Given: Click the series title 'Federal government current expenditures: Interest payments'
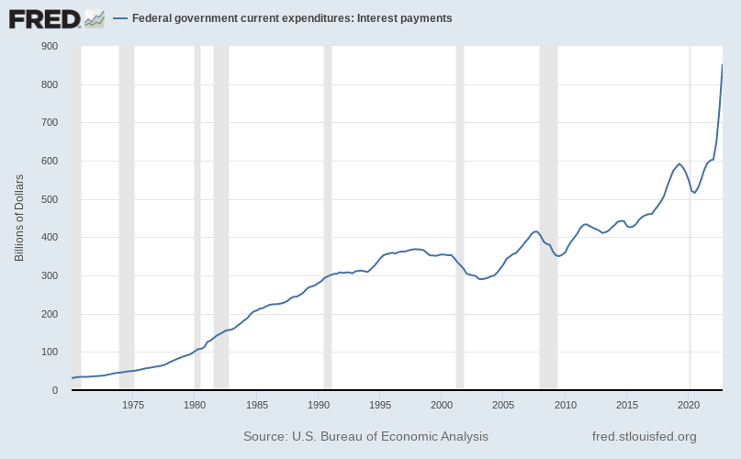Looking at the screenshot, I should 292,18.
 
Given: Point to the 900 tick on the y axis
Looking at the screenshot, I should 50,46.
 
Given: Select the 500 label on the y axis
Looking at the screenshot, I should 50,199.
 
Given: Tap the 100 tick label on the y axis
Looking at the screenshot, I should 50,353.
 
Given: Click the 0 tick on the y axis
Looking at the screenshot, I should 55,390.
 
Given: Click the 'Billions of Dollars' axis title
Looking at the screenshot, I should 19,218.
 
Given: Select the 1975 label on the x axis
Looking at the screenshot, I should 133,405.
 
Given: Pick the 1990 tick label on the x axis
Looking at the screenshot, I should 319,405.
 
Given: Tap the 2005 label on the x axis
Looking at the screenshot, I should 503,405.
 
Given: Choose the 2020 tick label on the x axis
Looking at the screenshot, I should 689,405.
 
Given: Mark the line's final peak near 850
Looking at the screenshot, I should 722,64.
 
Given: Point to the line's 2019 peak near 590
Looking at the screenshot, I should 679,164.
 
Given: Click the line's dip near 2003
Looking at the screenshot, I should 481,279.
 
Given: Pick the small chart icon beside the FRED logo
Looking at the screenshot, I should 94,17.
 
